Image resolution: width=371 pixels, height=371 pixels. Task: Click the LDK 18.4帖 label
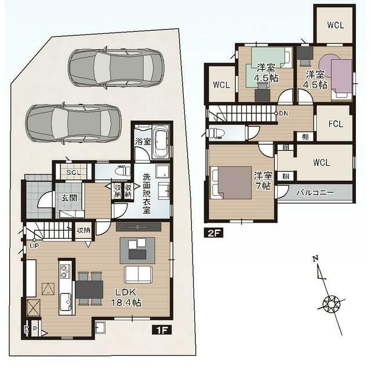point(126,297)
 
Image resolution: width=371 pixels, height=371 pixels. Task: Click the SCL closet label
point(73,172)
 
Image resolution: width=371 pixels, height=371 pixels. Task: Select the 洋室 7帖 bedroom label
point(263,180)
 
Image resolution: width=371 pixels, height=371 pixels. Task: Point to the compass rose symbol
point(332,303)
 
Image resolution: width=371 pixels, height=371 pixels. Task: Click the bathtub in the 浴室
point(161,141)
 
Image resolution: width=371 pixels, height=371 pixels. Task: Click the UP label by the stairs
point(35,245)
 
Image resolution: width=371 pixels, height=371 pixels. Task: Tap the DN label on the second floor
point(283,113)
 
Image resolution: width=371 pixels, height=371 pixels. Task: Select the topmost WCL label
point(334,25)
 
